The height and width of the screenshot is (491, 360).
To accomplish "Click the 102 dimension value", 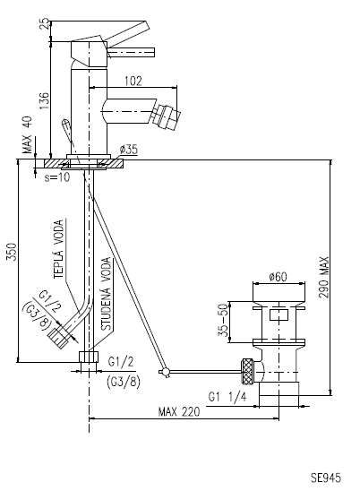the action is tap(133, 81).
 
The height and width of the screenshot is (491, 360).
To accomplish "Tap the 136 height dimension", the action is tap(45, 100).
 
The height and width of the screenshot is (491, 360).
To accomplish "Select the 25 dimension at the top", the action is tap(45, 24).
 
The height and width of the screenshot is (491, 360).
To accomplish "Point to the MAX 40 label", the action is tap(28, 134).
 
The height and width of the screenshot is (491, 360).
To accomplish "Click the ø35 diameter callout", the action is tap(128, 150).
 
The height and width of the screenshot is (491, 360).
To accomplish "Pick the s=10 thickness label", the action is tap(56, 177).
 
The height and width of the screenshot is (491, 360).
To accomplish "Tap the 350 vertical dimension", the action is tap(12, 251).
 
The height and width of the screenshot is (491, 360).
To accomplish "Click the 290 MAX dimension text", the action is tap(324, 277).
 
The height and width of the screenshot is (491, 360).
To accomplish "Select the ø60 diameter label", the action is tap(278, 277).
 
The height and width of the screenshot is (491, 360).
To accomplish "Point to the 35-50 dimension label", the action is tap(223, 320).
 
